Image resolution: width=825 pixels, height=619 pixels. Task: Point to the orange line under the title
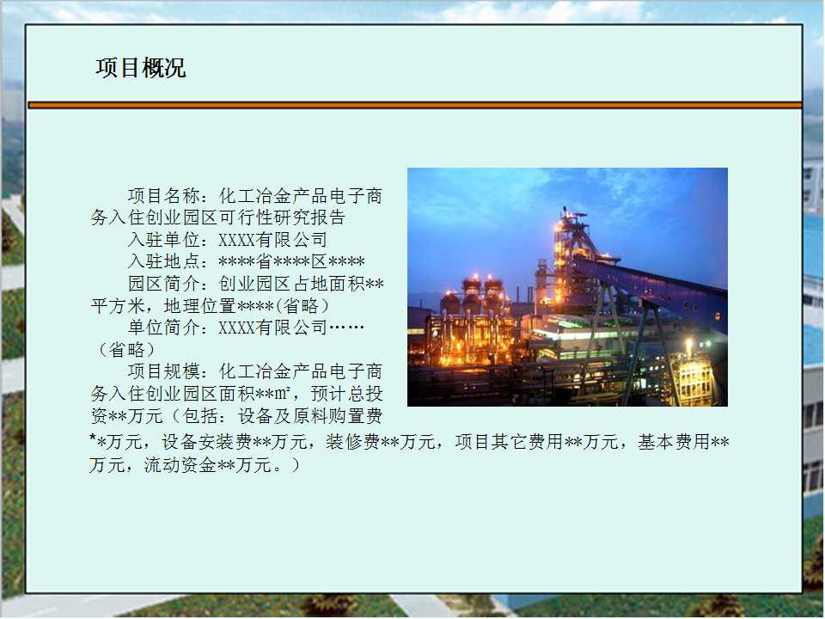coord(414,105)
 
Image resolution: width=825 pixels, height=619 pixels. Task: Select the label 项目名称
coord(163,196)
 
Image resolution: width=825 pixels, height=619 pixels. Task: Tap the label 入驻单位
coord(163,240)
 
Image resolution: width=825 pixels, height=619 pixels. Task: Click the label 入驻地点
coord(163,261)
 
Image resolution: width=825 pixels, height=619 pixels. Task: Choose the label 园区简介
coord(163,284)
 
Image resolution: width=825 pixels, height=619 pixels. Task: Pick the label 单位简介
coord(163,328)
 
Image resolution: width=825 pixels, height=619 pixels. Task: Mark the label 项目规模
coord(163,371)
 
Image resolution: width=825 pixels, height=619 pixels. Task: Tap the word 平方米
coord(118,306)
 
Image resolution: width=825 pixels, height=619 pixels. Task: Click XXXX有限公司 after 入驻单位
coord(273,240)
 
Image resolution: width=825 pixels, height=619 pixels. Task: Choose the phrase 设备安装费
coord(207,442)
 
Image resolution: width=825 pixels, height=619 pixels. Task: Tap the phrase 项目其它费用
coord(510,442)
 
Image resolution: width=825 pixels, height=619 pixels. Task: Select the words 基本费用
coord(674,442)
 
